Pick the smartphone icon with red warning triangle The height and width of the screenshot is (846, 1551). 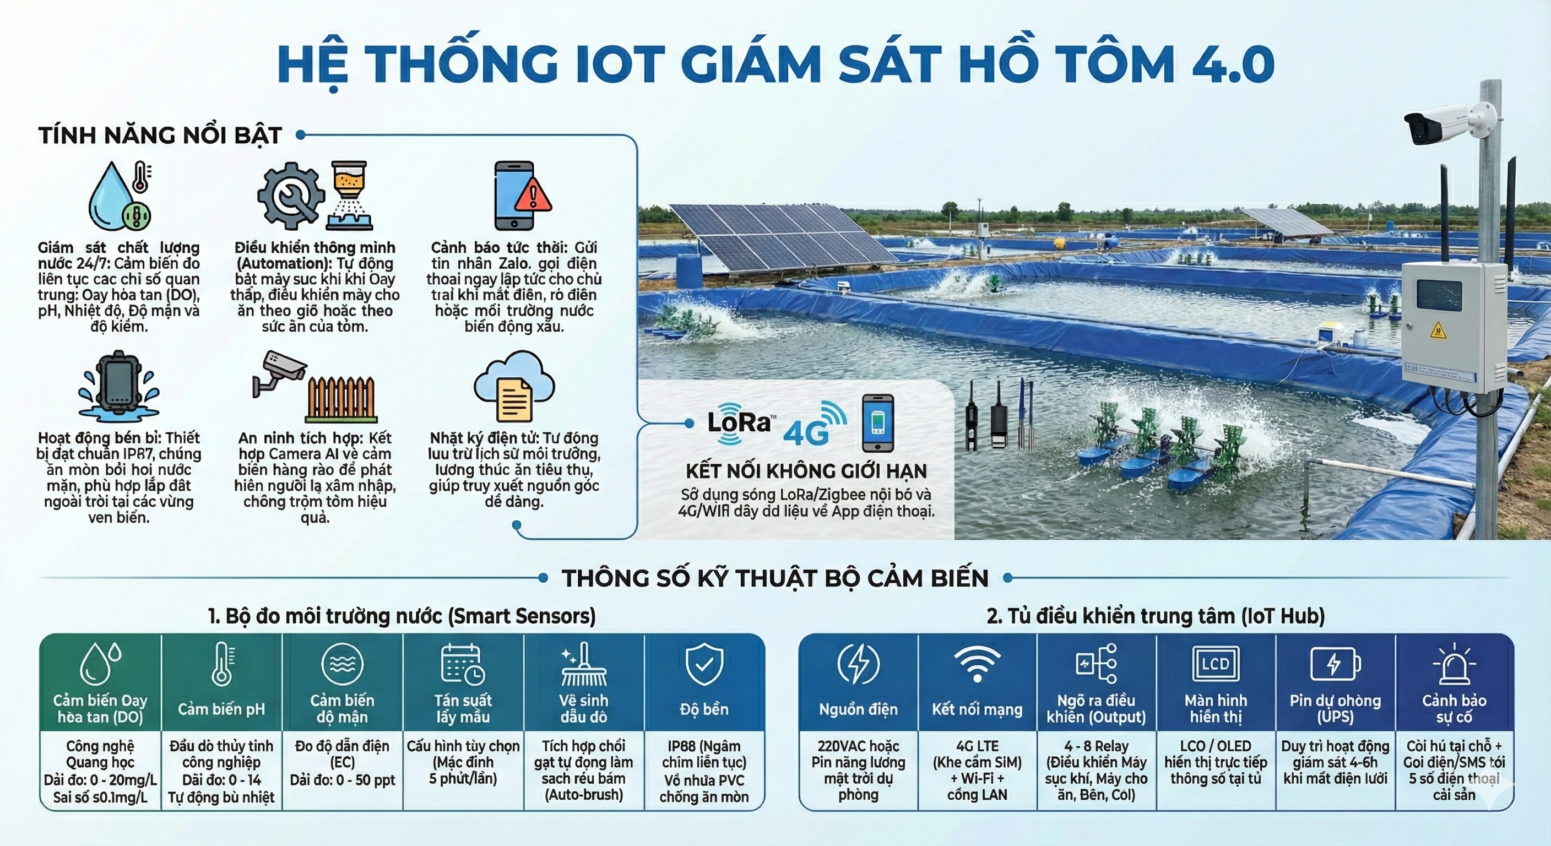pyautogui.click(x=522, y=195)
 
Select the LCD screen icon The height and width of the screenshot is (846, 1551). pyautogui.click(x=1216, y=665)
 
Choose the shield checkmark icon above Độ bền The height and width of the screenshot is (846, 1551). pyautogui.click(x=704, y=664)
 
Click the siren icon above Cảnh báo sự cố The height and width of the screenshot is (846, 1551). pyautogui.click(x=1454, y=666)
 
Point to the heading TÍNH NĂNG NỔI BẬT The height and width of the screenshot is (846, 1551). pyautogui.click(x=160, y=135)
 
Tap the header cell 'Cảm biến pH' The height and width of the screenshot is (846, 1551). pyautogui.click(x=221, y=709)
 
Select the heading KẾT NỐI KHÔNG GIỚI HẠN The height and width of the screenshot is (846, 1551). pyautogui.click(x=806, y=471)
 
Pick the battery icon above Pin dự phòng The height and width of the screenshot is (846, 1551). pyautogui.click(x=1335, y=665)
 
